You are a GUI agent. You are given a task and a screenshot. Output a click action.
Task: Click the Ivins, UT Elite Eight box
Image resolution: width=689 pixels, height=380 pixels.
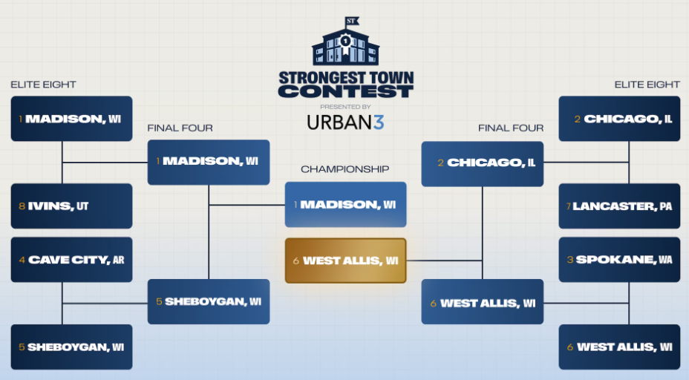[x=71, y=206]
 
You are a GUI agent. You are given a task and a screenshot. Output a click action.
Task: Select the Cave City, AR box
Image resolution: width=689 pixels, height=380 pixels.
[x=71, y=260]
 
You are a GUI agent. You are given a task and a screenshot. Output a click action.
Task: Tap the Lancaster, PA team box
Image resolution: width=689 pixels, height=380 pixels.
[x=619, y=206]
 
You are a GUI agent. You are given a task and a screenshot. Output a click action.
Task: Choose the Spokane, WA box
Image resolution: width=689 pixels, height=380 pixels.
[x=619, y=260]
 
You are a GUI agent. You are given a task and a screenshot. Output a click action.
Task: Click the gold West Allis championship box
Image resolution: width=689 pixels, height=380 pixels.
[x=345, y=261]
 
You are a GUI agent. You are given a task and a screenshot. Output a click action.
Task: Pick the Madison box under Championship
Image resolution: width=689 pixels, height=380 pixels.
[x=345, y=205]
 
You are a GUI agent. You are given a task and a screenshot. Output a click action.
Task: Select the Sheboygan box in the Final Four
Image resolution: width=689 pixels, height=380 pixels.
[x=209, y=302]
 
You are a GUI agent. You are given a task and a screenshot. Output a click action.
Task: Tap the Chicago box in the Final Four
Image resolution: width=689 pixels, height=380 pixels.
[x=483, y=164]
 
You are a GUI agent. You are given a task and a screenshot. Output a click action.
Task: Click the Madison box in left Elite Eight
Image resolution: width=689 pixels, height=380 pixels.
[x=71, y=119]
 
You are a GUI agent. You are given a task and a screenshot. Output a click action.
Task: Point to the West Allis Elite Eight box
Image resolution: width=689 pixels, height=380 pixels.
[x=619, y=347]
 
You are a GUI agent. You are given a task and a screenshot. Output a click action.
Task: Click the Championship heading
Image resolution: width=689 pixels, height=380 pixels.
[x=345, y=169]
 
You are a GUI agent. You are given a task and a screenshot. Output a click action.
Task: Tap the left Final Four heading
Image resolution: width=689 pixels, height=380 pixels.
[x=180, y=128]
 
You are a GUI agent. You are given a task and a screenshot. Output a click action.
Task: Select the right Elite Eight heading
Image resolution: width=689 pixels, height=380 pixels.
[x=647, y=85]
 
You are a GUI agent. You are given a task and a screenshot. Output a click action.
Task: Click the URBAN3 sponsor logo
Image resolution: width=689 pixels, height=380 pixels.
[x=345, y=122]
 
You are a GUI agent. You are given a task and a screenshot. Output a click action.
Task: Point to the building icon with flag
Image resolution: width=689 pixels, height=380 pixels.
[x=346, y=42]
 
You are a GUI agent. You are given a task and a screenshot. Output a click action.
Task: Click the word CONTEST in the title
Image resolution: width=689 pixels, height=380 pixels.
[x=346, y=91]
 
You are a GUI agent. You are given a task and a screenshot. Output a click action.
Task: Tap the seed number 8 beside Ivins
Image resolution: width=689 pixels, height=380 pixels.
[x=22, y=206]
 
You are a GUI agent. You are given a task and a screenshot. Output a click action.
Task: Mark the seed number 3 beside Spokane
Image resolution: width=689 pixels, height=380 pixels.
[x=570, y=260]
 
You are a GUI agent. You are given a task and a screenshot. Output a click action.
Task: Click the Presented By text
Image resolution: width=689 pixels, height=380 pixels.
[x=345, y=107]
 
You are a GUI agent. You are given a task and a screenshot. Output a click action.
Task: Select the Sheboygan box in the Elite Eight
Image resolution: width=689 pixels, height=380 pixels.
[x=71, y=347]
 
